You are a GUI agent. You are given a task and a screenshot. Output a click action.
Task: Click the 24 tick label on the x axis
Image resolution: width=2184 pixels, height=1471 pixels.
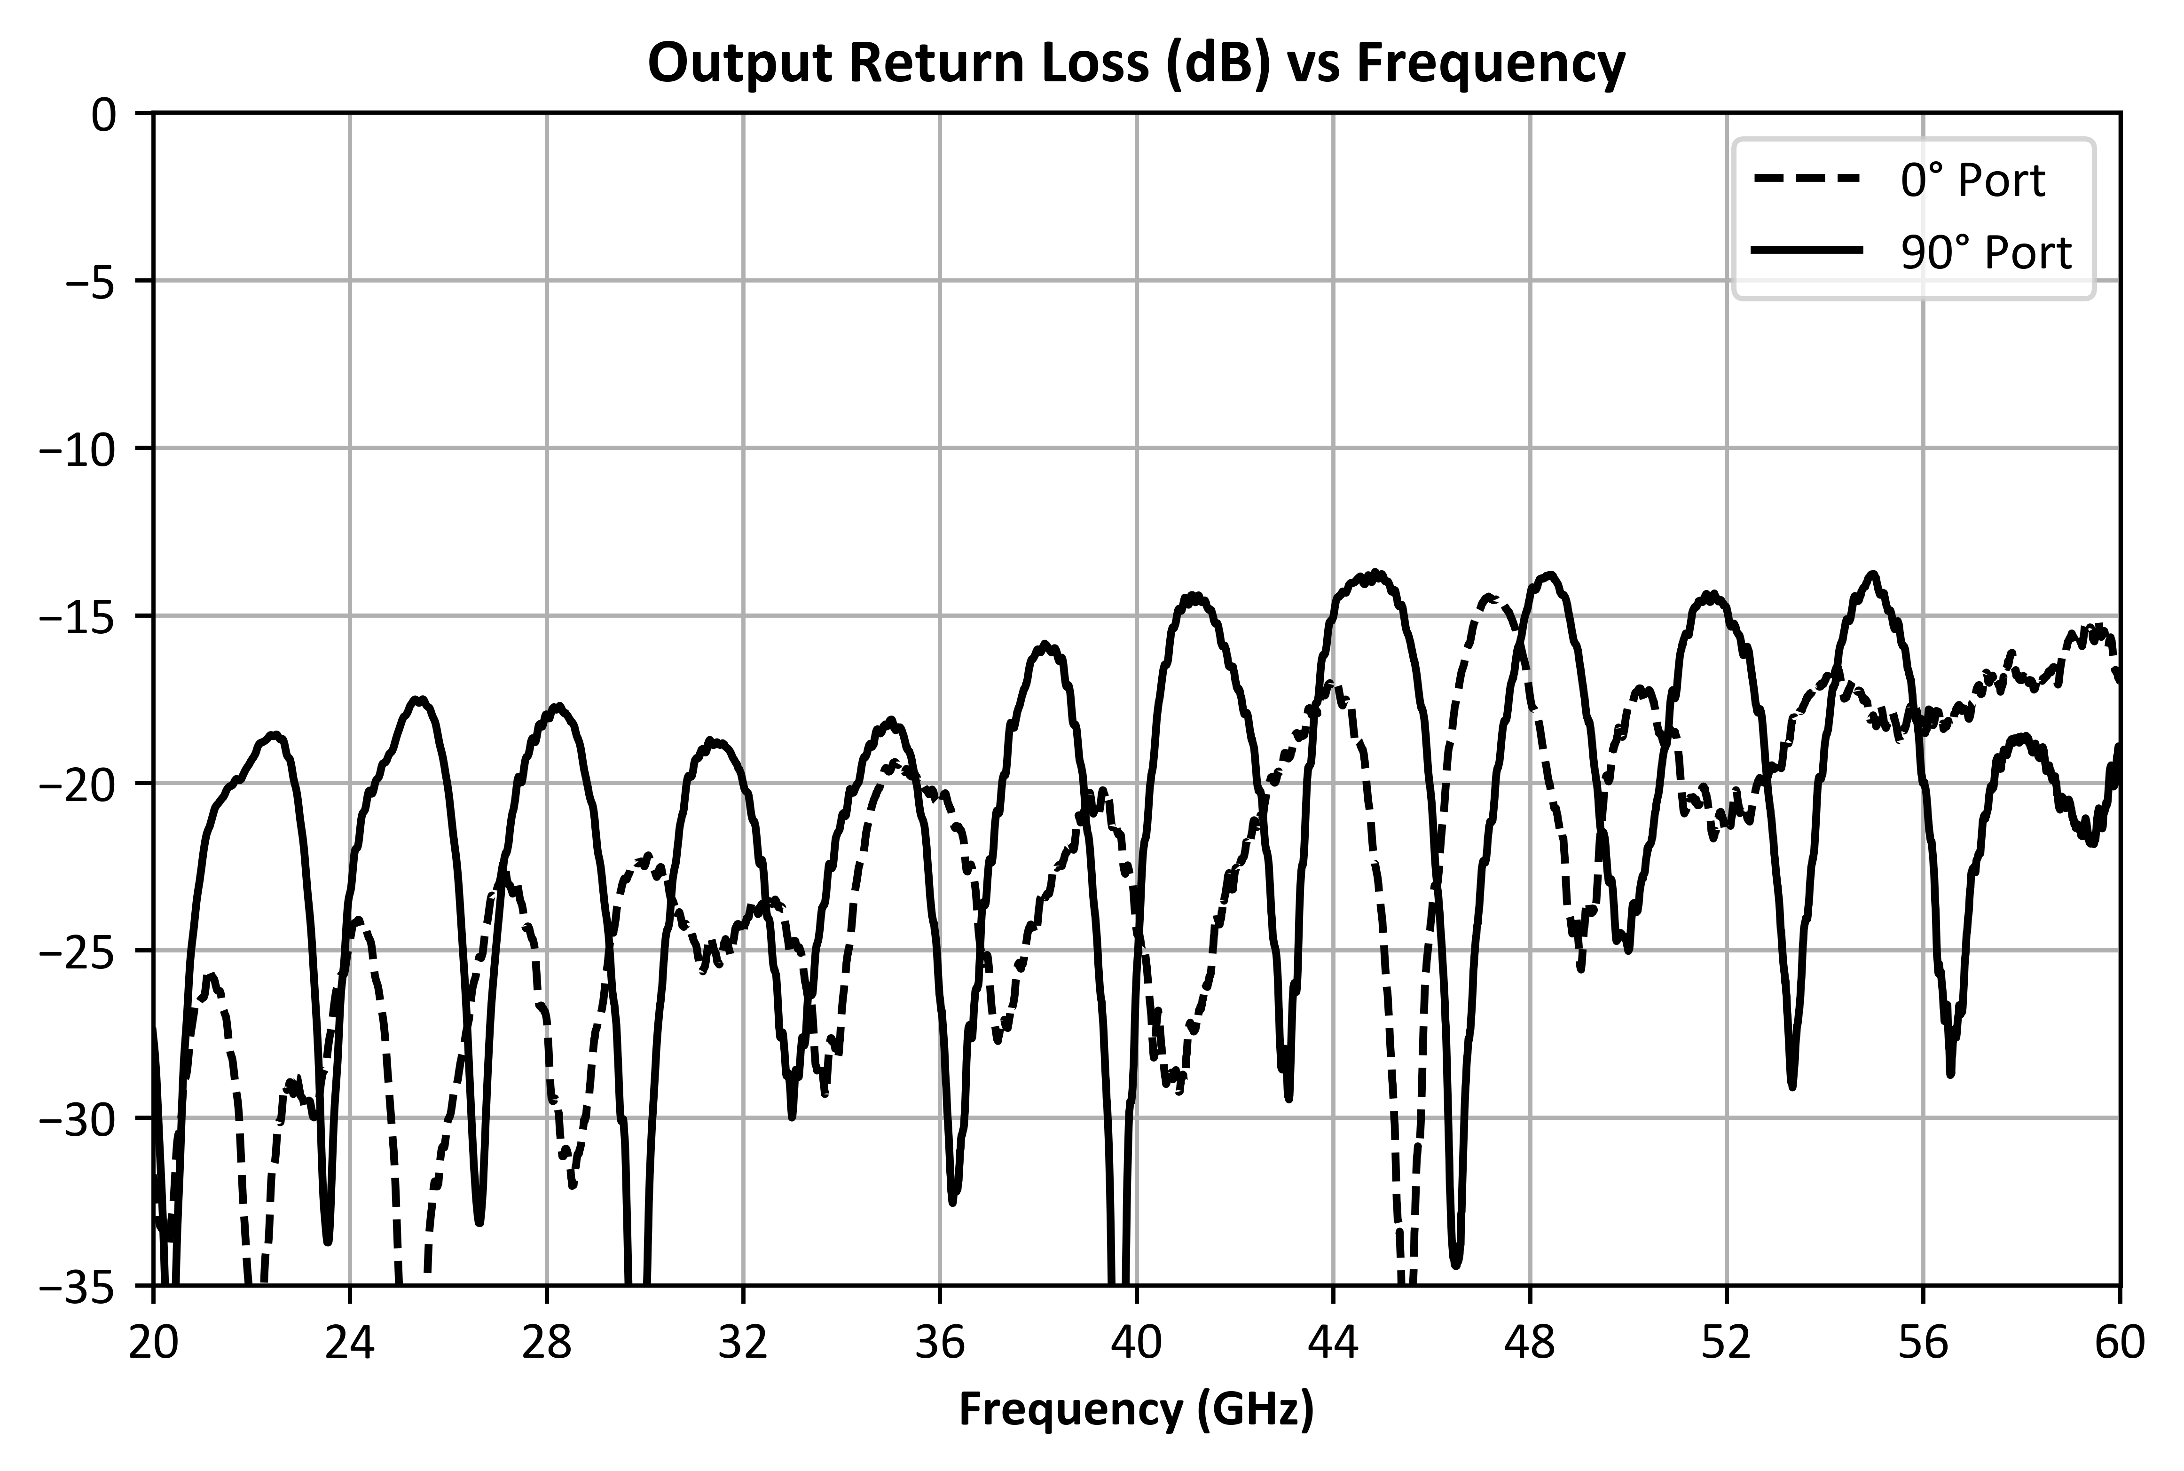350,1345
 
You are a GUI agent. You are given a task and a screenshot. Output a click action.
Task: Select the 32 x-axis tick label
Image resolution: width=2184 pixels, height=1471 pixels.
743,1345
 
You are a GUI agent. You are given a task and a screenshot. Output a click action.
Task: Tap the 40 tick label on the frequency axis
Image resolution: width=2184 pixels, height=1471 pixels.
1136,1345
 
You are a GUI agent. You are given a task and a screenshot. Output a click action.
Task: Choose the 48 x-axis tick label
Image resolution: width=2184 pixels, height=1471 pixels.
1529,1345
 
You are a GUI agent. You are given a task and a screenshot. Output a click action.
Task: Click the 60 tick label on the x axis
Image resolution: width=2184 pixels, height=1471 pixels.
2119,1345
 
